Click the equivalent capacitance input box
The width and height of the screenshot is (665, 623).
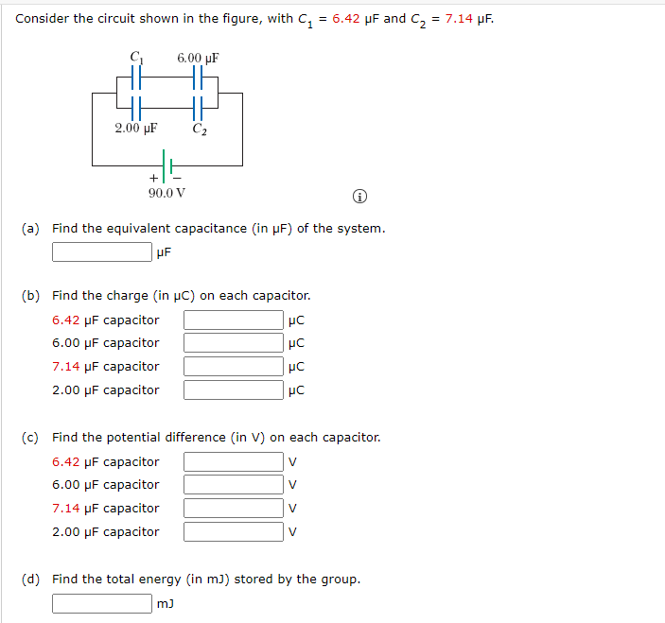101,252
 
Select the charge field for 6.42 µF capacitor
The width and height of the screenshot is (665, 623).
233,320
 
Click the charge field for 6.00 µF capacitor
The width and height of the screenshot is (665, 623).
233,343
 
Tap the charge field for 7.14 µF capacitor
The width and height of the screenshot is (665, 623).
233,367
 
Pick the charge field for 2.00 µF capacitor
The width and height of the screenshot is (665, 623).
233,389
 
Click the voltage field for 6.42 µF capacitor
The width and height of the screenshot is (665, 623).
233,462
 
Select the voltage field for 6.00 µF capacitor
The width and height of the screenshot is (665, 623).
233,485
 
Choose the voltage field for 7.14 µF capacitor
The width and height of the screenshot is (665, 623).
233,509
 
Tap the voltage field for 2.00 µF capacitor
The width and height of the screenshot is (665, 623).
233,531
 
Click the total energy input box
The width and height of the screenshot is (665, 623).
101,603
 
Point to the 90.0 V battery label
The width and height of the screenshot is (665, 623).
166,193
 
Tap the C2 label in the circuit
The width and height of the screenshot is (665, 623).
199,129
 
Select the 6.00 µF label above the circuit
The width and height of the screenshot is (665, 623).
198,58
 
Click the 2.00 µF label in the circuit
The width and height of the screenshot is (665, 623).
135,129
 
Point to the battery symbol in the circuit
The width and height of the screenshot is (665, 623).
166,163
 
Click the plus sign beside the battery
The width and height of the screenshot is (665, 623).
152,178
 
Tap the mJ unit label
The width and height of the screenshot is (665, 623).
168,603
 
